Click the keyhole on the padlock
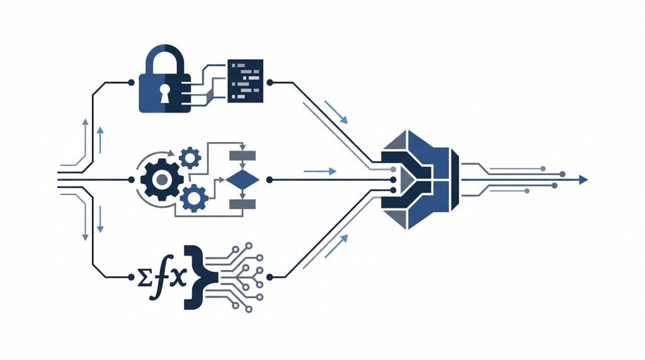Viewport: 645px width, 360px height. tap(164, 94)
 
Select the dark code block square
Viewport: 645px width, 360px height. tap(245, 81)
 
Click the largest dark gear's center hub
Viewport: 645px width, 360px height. tap(162, 179)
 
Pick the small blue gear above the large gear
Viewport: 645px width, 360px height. tap(190, 157)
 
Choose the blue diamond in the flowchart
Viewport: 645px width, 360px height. tap(243, 179)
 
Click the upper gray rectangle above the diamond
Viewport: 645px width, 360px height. tap(243, 155)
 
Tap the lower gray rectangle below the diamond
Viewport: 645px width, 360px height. tap(243, 205)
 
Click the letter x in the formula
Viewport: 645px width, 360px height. tap(178, 278)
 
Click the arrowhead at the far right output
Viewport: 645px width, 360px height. tap(583, 179)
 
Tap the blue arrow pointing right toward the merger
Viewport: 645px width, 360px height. tap(320, 171)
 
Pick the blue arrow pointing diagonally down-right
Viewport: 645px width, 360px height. tap(336, 112)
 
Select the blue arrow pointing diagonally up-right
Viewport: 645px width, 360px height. tap(336, 245)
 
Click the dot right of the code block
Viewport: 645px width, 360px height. tap(270, 82)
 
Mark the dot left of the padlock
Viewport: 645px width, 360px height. tap(131, 82)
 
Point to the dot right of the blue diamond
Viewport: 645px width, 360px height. tap(270, 179)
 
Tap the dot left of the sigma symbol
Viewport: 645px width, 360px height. tap(131, 277)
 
